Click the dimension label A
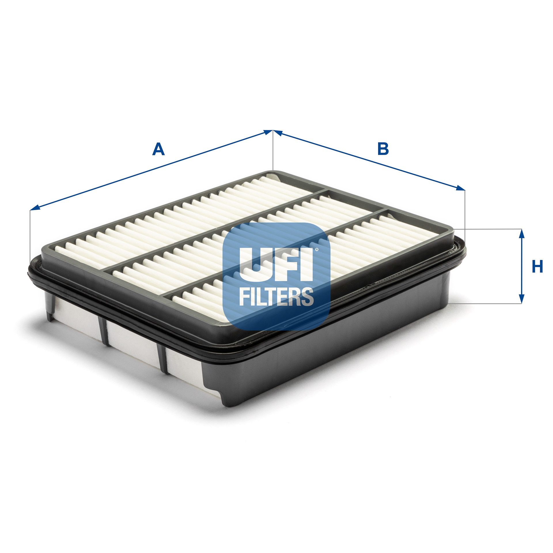(x=158, y=149)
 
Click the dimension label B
(x=383, y=149)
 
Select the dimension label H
(x=537, y=266)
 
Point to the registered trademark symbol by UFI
(x=317, y=250)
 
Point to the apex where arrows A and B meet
(x=272, y=131)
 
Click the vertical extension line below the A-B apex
(x=272, y=153)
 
